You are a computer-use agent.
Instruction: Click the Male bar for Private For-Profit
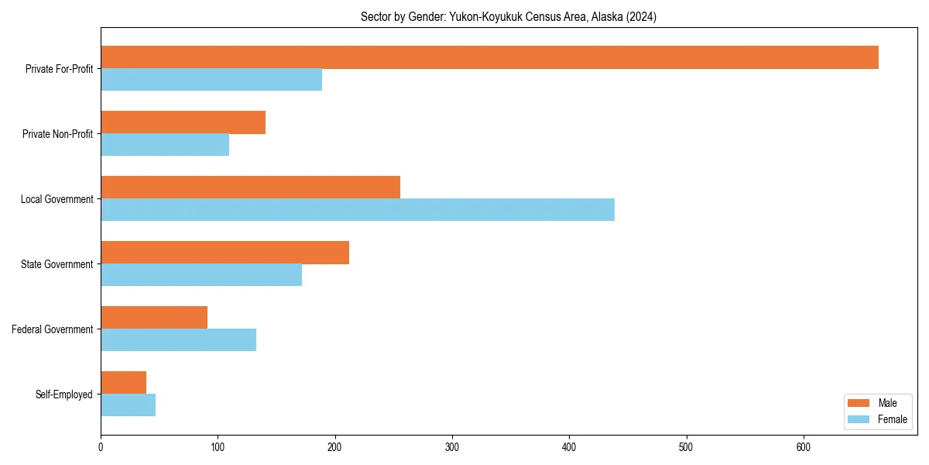[489, 57]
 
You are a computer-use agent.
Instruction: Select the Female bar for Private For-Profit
[211, 80]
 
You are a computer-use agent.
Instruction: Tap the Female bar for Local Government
[358, 210]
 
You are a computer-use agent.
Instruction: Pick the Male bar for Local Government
[250, 188]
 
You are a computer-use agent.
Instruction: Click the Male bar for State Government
[225, 253]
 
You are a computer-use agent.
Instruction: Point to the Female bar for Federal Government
[178, 340]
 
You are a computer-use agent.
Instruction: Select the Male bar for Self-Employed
[123, 383]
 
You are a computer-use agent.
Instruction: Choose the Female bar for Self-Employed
[128, 405]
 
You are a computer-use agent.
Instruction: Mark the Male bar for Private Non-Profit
[183, 122]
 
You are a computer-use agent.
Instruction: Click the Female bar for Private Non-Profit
[165, 145]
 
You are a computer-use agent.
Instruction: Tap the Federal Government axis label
[53, 329]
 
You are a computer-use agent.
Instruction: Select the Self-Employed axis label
[64, 394]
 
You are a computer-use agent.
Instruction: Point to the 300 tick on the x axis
[452, 446]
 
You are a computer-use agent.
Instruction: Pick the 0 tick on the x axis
[101, 446]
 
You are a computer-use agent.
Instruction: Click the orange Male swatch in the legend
[859, 403]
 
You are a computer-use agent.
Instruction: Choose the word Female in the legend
[893, 419]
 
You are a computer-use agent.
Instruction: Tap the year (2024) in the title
[641, 17]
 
